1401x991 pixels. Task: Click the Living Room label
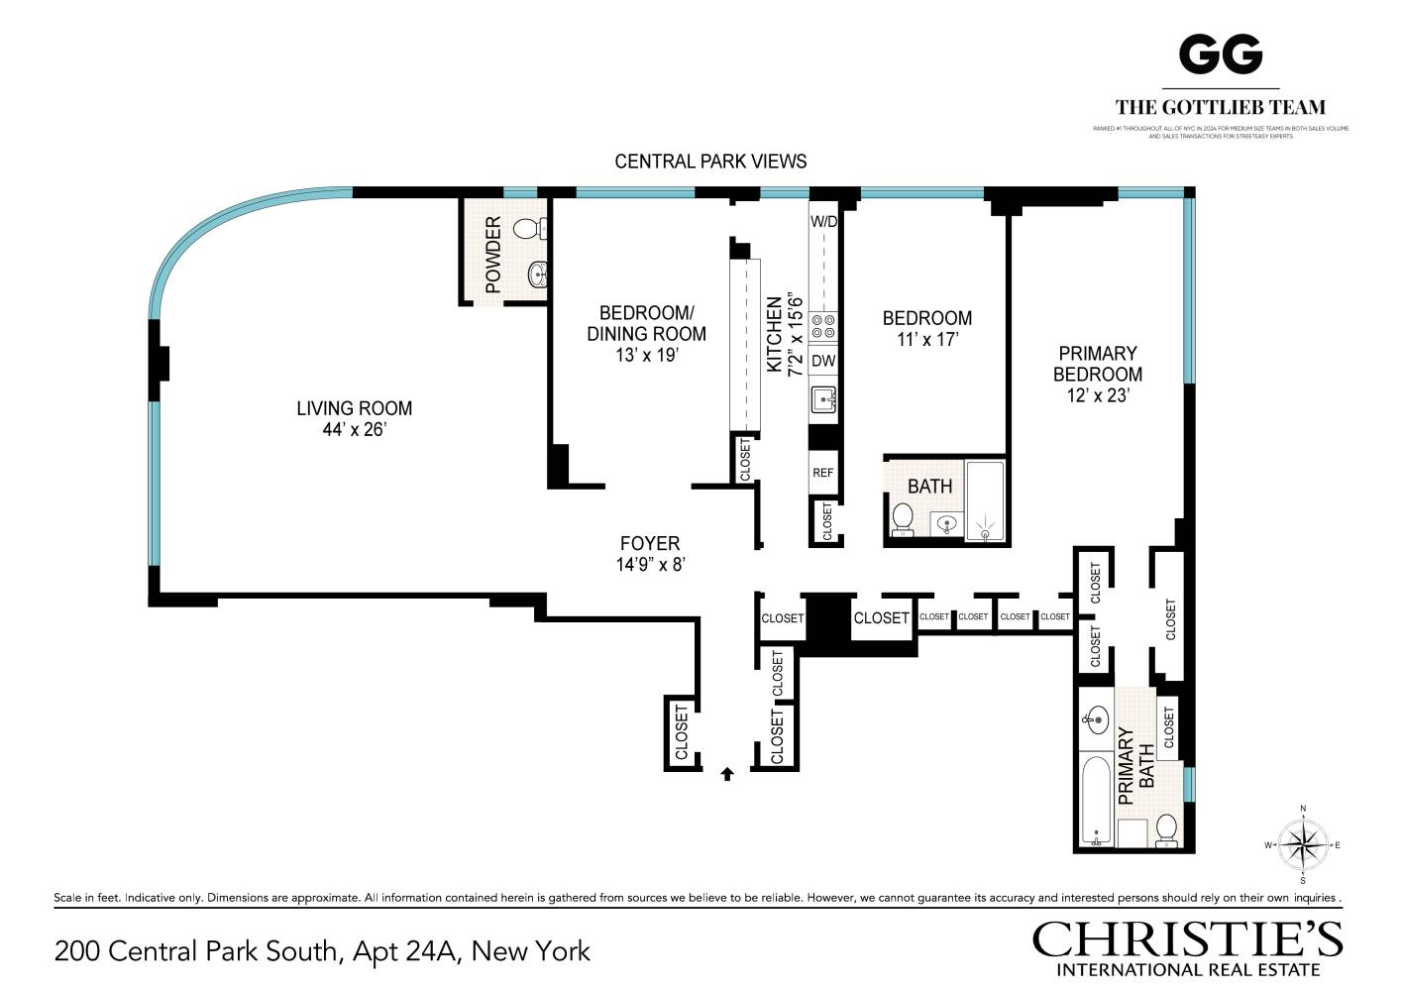354,408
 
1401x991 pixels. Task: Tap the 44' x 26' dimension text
354,430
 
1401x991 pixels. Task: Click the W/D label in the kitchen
823,222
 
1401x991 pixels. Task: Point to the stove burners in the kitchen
823,326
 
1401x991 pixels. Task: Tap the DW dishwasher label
823,362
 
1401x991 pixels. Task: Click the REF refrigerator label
823,473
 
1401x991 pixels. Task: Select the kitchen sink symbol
823,400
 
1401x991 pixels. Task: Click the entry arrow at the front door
727,774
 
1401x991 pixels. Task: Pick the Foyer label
650,543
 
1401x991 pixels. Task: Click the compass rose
1302,845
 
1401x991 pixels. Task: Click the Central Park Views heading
710,162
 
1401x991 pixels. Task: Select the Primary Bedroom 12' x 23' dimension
1098,395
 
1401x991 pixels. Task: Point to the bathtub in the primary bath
1095,801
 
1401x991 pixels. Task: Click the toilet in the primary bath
1166,829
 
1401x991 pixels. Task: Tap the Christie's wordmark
1187,939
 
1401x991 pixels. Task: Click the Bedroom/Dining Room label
646,323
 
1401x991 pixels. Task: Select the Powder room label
493,255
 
